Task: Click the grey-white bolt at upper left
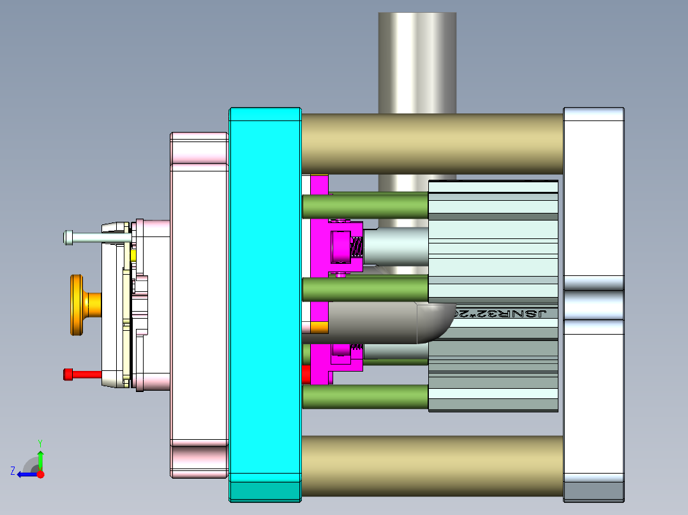coord(96,238)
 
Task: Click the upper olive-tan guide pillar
coord(431,143)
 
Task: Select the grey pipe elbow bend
coord(434,322)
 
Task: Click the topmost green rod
coord(364,205)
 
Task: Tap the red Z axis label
coord(13,470)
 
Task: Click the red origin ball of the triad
coord(41,474)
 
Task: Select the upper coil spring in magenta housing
coord(357,245)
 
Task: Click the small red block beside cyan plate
coord(305,374)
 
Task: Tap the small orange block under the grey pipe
coord(318,328)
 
